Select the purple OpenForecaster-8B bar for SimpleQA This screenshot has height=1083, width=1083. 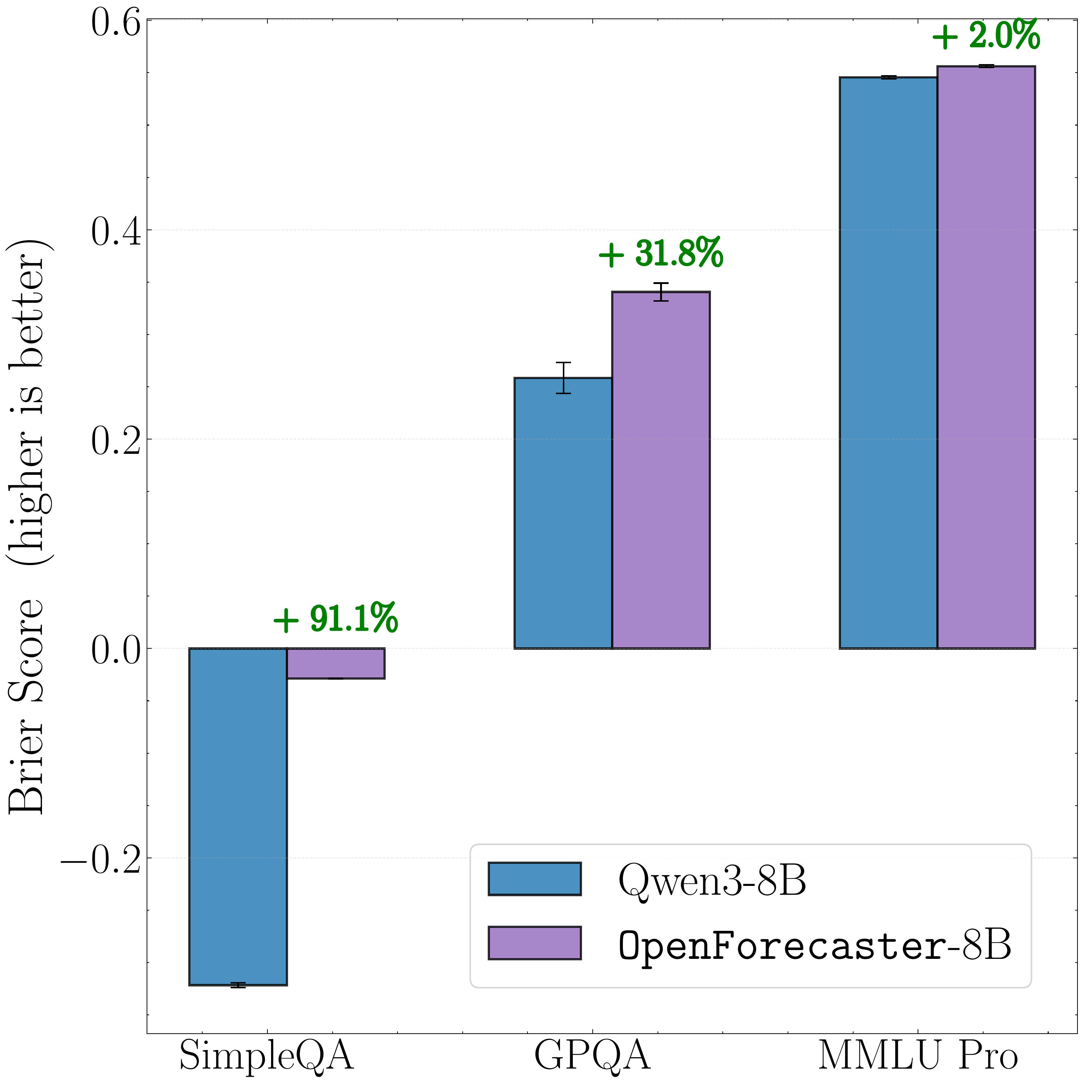coord(335,663)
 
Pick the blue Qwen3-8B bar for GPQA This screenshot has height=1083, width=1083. coord(563,513)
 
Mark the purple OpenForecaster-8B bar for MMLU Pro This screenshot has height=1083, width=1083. coord(986,357)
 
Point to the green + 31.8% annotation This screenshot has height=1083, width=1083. coord(661,254)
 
